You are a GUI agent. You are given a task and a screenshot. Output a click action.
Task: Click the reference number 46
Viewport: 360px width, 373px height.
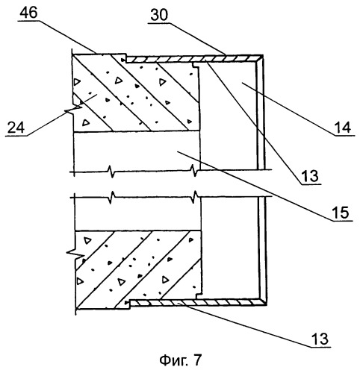[29, 13]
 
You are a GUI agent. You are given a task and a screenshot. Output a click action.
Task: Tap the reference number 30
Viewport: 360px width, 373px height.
[159, 15]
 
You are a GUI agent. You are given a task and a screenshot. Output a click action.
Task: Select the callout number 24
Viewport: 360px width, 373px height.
[16, 128]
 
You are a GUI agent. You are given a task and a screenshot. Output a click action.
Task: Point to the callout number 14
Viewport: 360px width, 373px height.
[343, 128]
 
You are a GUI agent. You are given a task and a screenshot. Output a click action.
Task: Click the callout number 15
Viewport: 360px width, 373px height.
[341, 213]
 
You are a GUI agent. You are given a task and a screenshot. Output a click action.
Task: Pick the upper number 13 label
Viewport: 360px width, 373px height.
[310, 176]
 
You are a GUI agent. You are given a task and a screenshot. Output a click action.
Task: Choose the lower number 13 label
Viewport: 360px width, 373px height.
[320, 339]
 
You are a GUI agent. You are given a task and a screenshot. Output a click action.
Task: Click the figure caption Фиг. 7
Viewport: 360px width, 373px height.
[180, 360]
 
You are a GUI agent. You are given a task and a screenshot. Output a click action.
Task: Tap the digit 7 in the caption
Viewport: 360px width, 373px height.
[196, 360]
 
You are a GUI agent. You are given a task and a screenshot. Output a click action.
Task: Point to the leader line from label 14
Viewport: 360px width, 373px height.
[288, 110]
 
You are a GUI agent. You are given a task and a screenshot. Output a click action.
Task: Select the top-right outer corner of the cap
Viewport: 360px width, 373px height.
[263, 55]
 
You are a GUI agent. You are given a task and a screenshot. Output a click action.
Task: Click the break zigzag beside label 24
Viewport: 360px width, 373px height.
[73, 109]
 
